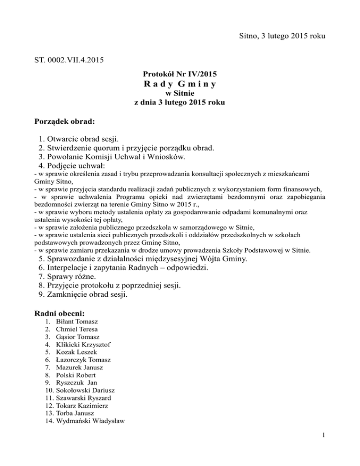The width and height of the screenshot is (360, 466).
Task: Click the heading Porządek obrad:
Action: (65, 121)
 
